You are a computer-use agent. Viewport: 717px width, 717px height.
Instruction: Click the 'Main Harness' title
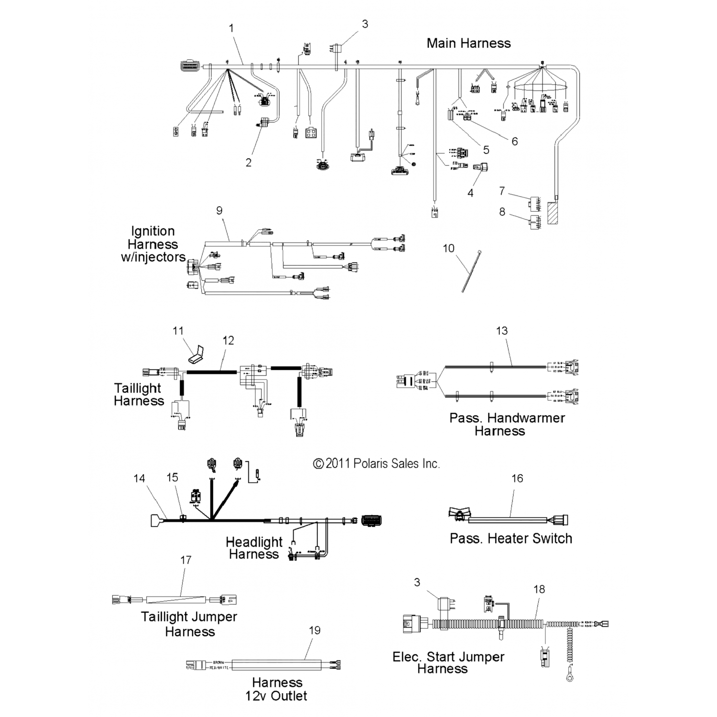pyautogui.click(x=468, y=43)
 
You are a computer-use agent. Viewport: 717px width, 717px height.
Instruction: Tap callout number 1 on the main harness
pyautogui.click(x=232, y=29)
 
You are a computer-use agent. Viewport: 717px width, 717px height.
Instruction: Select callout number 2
pyautogui.click(x=249, y=163)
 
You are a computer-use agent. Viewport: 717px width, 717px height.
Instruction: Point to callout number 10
pyautogui.click(x=448, y=249)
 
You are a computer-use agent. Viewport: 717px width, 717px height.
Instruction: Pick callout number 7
pyautogui.click(x=502, y=191)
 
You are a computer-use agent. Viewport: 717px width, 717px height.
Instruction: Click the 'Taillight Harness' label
pyautogui.click(x=139, y=394)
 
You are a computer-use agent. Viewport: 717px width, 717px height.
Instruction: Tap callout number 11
pyautogui.click(x=178, y=331)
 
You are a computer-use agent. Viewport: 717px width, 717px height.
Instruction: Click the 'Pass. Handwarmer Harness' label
pyautogui.click(x=507, y=424)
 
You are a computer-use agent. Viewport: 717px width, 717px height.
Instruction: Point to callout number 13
pyautogui.click(x=502, y=331)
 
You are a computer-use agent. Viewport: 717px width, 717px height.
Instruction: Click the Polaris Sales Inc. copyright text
pyautogui.click(x=376, y=464)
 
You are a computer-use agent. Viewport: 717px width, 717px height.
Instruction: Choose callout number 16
pyautogui.click(x=517, y=478)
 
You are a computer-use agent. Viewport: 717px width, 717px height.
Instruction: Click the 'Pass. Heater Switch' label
pyautogui.click(x=511, y=539)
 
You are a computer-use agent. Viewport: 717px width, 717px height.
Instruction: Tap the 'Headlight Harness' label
pyautogui.click(x=254, y=548)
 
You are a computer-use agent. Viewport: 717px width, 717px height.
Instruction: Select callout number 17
pyautogui.click(x=186, y=560)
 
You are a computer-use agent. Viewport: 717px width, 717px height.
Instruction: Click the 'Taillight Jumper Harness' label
pyautogui.click(x=189, y=624)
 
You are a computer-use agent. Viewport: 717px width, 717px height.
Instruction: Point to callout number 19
pyautogui.click(x=315, y=630)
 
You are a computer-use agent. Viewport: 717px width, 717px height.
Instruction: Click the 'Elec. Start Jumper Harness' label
pyautogui.click(x=448, y=663)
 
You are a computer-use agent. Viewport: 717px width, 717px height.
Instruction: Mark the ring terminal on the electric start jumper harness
pyautogui.click(x=569, y=678)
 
